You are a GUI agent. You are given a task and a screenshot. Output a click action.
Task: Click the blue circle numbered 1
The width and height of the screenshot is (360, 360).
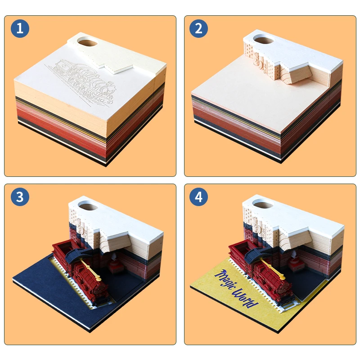20,28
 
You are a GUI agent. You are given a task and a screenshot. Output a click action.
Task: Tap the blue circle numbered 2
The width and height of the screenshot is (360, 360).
198,28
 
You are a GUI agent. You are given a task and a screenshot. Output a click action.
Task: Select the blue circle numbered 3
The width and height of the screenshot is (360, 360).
20,197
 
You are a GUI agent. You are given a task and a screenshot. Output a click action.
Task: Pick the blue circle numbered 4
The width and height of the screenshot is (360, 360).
198,197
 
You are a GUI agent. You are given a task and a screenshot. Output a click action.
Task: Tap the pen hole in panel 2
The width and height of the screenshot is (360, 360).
263,40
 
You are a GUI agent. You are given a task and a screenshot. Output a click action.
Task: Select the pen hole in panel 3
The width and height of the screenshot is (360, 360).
88,205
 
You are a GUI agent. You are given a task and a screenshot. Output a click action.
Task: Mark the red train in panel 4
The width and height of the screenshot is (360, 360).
261,270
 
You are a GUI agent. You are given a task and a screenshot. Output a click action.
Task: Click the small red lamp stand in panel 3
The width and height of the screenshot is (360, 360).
115,264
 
